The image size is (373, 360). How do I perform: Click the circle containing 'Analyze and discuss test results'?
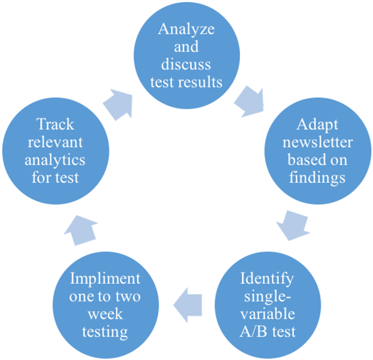[186, 57]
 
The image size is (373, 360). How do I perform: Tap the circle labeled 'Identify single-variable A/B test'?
[267, 305]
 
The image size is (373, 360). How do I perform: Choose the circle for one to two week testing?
[106, 305]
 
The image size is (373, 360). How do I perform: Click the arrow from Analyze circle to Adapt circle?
[249, 101]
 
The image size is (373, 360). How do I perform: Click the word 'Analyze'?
[186, 30]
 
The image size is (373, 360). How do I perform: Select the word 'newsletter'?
[316, 142]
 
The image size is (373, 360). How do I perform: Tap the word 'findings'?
[316, 177]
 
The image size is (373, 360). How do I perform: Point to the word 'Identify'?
[267, 279]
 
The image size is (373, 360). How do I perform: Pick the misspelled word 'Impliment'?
[106, 279]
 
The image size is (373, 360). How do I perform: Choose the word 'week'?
[106, 314]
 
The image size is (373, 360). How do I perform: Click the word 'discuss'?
[186, 65]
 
